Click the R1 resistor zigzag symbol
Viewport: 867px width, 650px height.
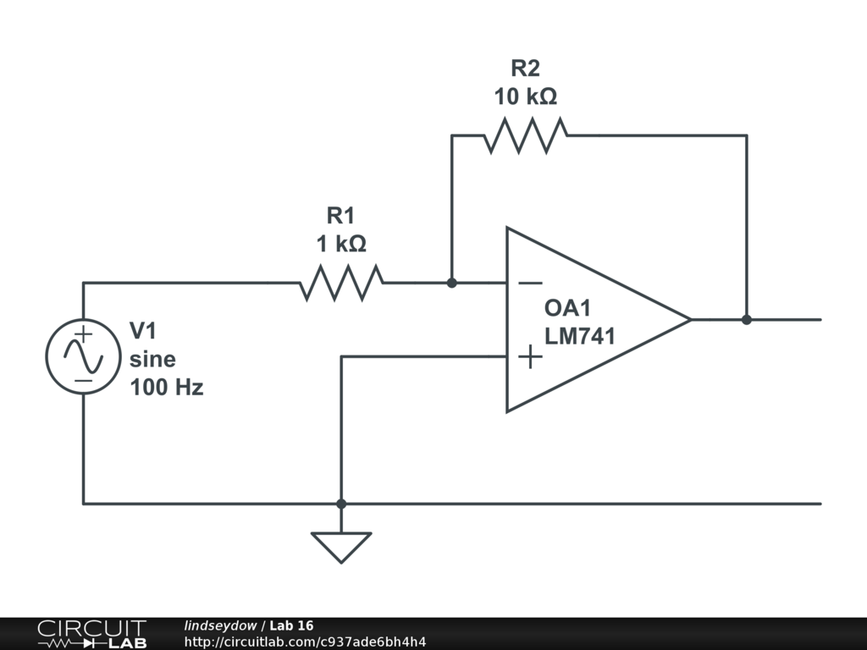(x=341, y=283)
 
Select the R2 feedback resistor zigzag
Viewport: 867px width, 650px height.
(x=526, y=135)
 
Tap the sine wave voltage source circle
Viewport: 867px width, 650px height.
(x=83, y=357)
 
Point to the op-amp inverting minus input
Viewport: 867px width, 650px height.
(x=530, y=283)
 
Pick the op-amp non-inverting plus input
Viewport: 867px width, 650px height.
(x=530, y=356)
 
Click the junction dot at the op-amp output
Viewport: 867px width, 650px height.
(x=746, y=319)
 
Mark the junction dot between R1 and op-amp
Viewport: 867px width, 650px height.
(x=451, y=283)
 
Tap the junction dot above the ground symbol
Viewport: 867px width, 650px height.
(x=341, y=504)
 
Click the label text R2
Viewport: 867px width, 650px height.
(x=525, y=68)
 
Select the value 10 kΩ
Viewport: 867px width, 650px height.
(x=525, y=96)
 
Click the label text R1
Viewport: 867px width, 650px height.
(x=341, y=215)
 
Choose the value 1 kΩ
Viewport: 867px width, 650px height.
(x=341, y=244)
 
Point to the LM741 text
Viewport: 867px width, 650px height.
(x=580, y=335)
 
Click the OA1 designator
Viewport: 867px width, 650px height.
(x=568, y=307)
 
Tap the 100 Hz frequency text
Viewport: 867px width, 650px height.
(x=166, y=388)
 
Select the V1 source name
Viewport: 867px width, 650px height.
(x=143, y=330)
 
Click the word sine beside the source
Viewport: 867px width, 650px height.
(x=152, y=359)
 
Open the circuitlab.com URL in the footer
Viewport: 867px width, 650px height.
(x=305, y=642)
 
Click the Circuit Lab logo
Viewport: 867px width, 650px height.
(x=91, y=633)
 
